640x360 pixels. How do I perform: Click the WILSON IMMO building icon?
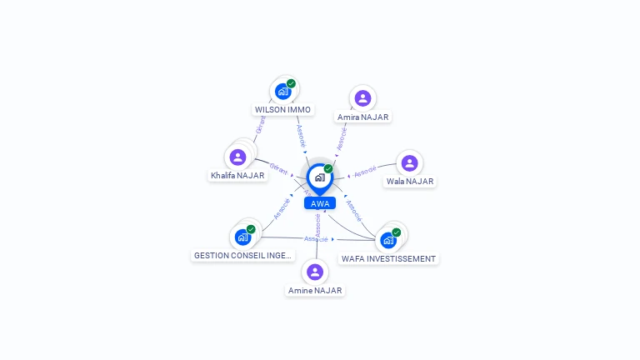[283, 91]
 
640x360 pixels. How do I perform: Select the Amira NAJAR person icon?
[362, 98]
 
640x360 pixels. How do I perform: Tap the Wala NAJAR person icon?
[409, 162]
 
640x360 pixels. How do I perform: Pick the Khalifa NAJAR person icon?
[238, 157]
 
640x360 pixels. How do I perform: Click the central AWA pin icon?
[319, 177]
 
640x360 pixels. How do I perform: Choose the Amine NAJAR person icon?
[315, 272]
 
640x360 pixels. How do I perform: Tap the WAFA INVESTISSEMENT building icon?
[388, 240]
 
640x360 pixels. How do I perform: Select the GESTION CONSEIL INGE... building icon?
[243, 237]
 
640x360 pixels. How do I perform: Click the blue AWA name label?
[320, 203]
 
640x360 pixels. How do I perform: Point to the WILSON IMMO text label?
[283, 110]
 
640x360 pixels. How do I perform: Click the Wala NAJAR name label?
[410, 182]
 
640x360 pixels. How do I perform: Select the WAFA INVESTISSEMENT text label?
[388, 259]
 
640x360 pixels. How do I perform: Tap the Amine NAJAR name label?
[315, 291]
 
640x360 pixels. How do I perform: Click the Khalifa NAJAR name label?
[237, 176]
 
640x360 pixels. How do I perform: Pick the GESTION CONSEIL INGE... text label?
[242, 256]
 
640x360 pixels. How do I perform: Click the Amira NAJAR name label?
[362, 117]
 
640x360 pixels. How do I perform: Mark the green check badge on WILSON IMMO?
[291, 83]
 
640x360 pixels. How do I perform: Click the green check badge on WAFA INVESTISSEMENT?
[396, 232]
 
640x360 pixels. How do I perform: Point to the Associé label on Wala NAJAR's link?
[365, 173]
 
